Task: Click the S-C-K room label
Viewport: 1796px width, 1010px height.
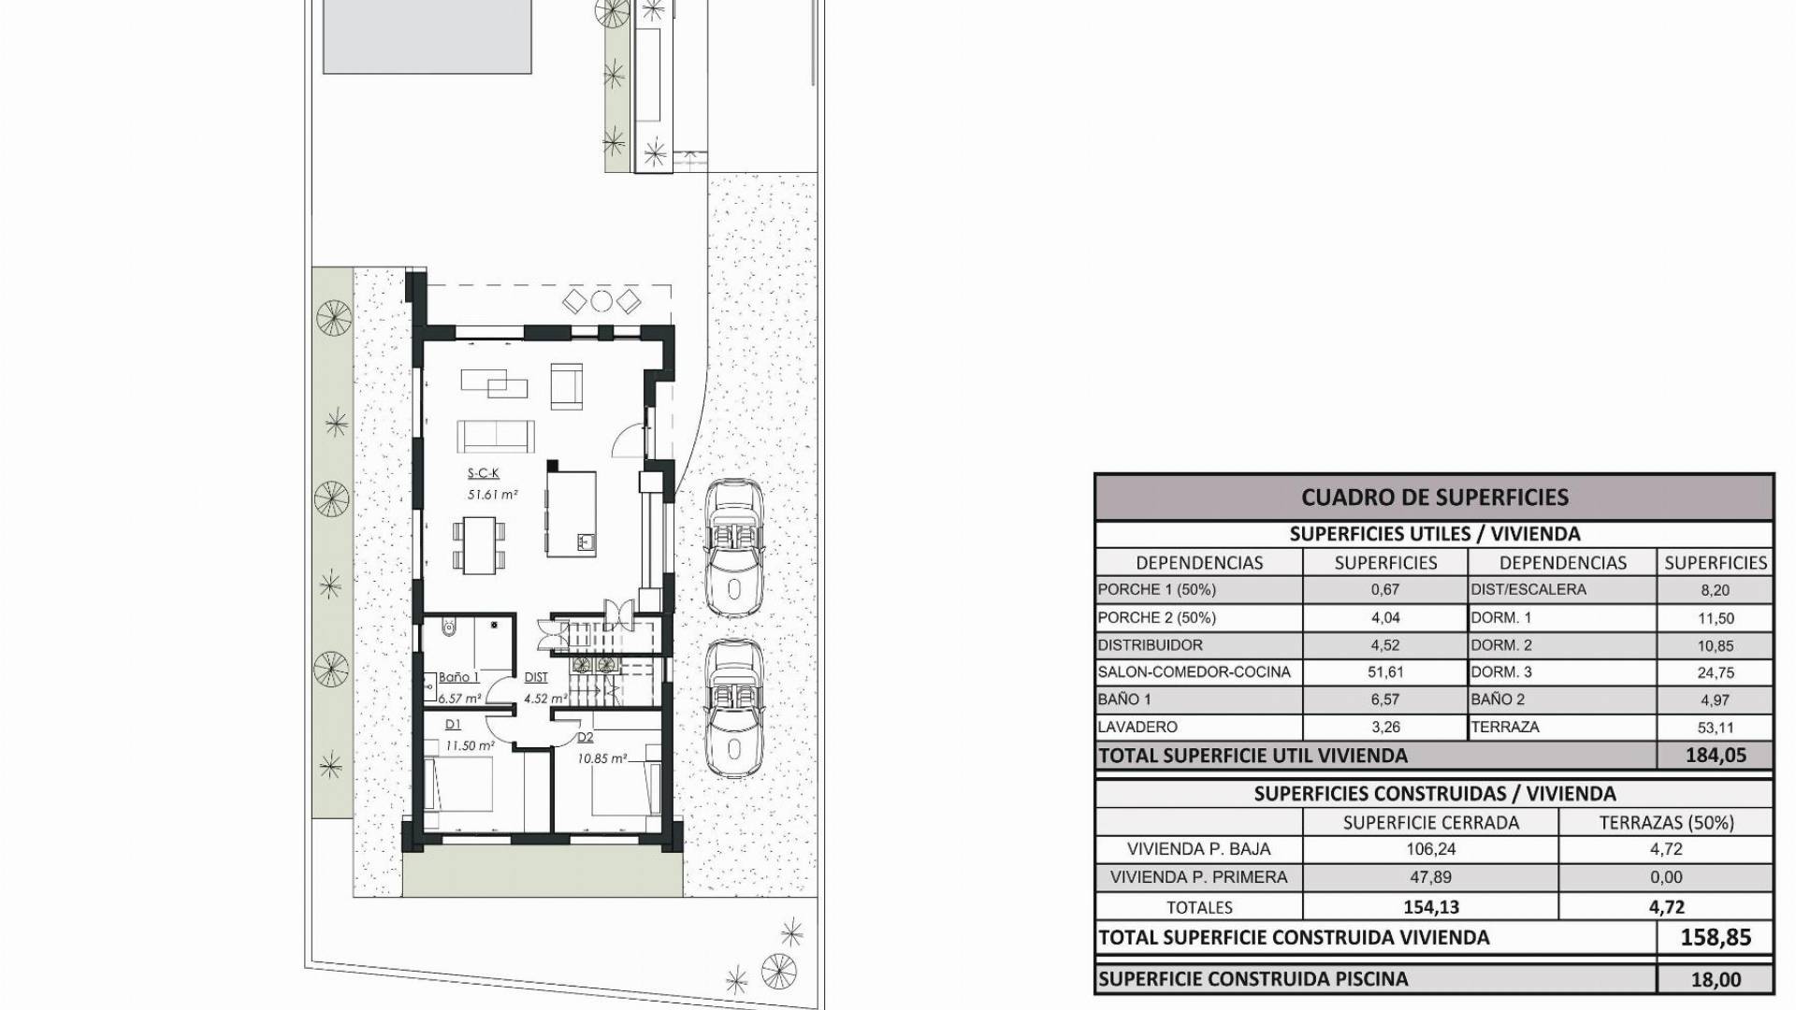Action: tap(484, 473)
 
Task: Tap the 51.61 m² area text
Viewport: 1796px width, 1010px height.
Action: tap(493, 495)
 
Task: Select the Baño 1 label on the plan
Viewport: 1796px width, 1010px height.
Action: tap(459, 678)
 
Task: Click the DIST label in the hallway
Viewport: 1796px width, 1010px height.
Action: tap(536, 678)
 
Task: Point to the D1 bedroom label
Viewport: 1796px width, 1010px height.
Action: tap(453, 724)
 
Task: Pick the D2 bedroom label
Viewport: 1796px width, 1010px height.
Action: tap(586, 737)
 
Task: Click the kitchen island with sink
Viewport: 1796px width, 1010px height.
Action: tap(572, 513)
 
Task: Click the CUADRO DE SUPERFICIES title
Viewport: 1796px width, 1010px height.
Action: tap(1435, 498)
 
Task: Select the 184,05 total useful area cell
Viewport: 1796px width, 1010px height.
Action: tap(1716, 756)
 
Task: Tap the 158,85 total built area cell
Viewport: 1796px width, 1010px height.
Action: tap(1716, 937)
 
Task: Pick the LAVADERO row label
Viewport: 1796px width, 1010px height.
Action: tap(1137, 727)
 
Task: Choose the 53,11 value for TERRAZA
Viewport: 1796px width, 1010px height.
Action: tap(1716, 727)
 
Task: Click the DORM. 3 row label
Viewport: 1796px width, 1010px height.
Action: tap(1501, 671)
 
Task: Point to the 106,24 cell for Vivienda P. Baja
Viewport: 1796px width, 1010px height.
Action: tap(1430, 849)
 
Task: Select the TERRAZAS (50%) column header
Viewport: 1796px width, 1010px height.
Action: tap(1667, 823)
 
